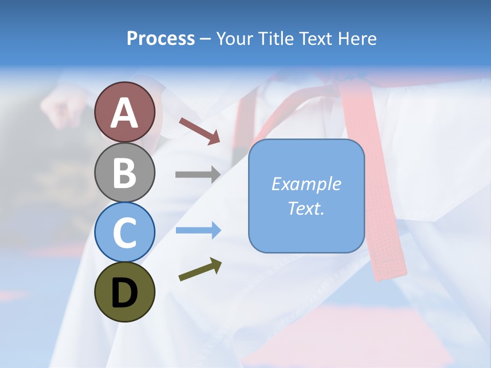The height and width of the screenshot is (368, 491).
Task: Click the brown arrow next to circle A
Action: pyautogui.click(x=199, y=131)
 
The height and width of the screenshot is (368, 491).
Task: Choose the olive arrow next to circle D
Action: pyautogui.click(x=200, y=269)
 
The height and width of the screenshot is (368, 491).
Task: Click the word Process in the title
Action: pyautogui.click(x=161, y=38)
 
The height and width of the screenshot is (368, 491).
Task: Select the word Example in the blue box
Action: pyautogui.click(x=306, y=184)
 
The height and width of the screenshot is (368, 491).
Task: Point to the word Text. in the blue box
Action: pyautogui.click(x=306, y=208)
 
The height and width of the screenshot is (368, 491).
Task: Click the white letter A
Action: pyautogui.click(x=125, y=113)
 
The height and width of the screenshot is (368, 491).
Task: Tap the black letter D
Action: pyautogui.click(x=124, y=293)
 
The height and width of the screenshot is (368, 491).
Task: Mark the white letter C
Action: pyautogui.click(x=124, y=233)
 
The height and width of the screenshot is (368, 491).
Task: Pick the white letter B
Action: pyautogui.click(x=124, y=173)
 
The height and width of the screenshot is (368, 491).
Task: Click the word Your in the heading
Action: pyautogui.click(x=235, y=38)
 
